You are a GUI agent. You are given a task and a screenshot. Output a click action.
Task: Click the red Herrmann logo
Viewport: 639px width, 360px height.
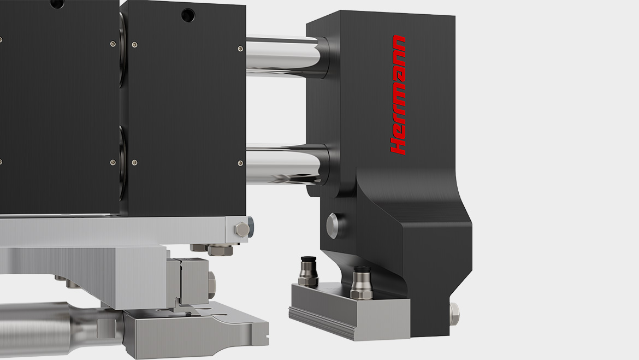click(x=398, y=95)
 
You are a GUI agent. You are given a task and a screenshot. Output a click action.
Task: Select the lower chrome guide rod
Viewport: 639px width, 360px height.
click(x=285, y=164)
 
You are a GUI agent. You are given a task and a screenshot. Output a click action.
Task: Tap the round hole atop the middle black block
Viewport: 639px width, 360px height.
click(x=188, y=16)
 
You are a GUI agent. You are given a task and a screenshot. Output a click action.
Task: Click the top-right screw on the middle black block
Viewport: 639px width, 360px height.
click(x=240, y=49)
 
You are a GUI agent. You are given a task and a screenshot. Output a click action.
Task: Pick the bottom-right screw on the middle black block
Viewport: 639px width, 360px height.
click(x=240, y=163)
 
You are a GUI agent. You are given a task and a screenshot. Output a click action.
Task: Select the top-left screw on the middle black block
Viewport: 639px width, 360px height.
click(x=134, y=44)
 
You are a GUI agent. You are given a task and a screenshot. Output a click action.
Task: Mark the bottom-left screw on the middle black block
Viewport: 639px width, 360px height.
click(x=134, y=162)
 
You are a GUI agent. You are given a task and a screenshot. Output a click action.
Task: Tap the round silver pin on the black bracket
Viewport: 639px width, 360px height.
click(x=335, y=226)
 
